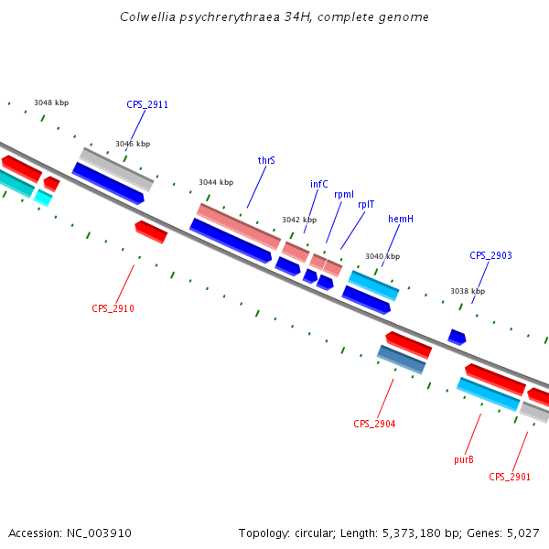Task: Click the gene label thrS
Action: pos(266,160)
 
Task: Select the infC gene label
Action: pos(318,184)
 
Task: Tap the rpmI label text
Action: pos(344,194)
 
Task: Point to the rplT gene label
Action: pos(366,204)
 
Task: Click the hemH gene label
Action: pos(401,219)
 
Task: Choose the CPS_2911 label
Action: pos(147,104)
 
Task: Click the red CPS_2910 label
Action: pos(113,308)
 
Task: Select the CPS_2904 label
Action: pos(374,424)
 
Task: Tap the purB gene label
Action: pos(464,459)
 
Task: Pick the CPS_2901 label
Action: pos(510,477)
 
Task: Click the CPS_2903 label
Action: pos(490,255)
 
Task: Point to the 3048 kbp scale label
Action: pos(51,102)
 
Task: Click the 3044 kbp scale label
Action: pos(216,182)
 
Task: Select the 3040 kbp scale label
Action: pos(382,256)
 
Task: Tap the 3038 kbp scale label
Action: pos(467,291)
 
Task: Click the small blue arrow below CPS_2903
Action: pos(457,338)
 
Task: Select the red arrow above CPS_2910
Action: pos(151,231)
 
